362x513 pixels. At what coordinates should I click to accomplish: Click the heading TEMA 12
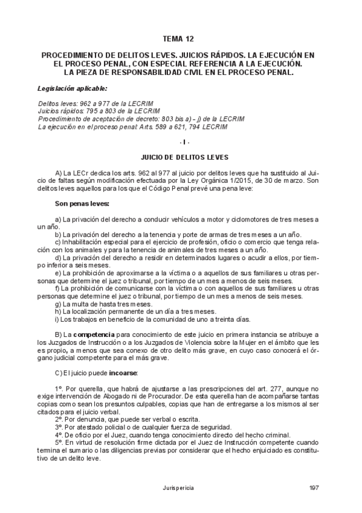click(x=181, y=39)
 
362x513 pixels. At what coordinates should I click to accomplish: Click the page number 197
click(x=313, y=487)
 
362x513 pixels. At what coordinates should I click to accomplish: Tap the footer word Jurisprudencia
click(x=181, y=487)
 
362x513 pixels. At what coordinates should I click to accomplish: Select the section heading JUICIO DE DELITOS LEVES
click(x=181, y=157)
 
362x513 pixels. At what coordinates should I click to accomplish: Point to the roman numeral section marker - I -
click(x=181, y=142)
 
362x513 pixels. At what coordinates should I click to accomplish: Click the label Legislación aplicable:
click(x=72, y=88)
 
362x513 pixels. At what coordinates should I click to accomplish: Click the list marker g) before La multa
click(x=58, y=304)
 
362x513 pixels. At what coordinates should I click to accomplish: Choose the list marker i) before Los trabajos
click(x=57, y=319)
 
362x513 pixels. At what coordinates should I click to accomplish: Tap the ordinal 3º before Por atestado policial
click(x=59, y=426)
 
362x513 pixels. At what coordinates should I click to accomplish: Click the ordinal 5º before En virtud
click(x=59, y=442)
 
